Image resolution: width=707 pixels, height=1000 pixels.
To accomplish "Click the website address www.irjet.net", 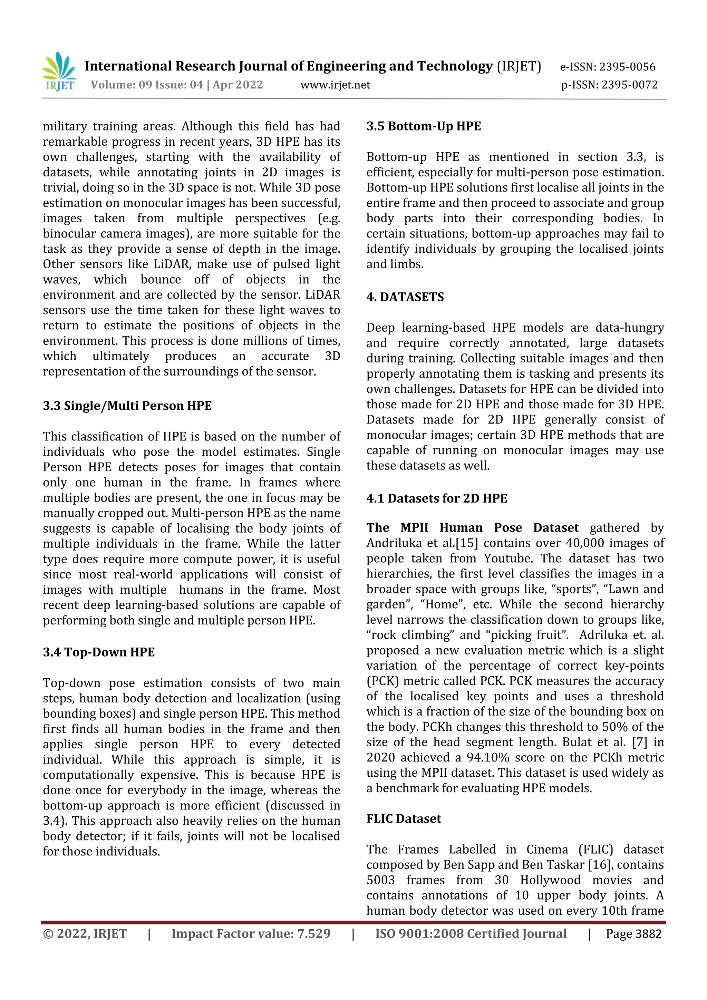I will click(x=335, y=85).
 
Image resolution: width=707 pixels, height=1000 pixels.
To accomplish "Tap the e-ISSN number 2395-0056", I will click(x=627, y=67).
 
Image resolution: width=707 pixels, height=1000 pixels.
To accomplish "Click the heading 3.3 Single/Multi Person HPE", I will click(x=127, y=406).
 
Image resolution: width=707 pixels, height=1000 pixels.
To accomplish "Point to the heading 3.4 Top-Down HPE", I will click(x=99, y=652).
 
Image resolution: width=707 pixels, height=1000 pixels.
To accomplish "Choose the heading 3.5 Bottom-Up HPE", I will click(x=424, y=126).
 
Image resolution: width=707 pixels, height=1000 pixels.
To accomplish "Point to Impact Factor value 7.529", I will click(x=251, y=934).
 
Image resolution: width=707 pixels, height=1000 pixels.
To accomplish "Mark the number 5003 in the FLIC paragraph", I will click(x=380, y=880).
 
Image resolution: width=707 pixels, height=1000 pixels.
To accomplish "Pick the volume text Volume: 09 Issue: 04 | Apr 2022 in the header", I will click(x=177, y=85).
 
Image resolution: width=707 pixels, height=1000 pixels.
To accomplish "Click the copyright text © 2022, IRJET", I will click(x=85, y=934).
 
